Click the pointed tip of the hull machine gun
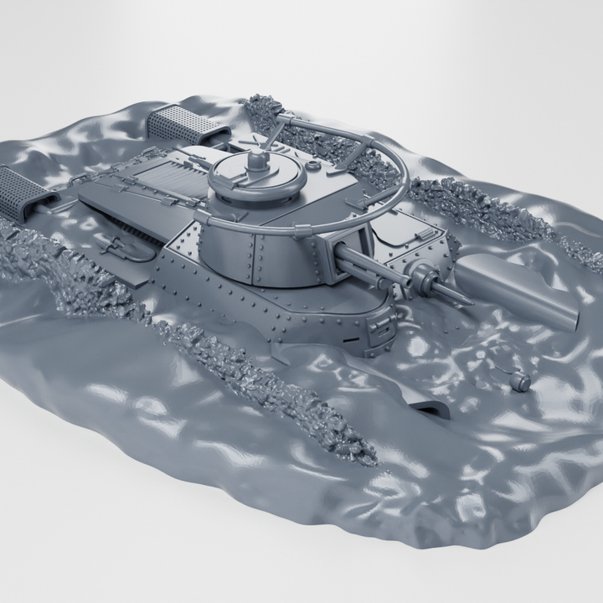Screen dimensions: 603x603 point(463,301)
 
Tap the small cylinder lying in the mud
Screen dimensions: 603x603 point(520,382)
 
